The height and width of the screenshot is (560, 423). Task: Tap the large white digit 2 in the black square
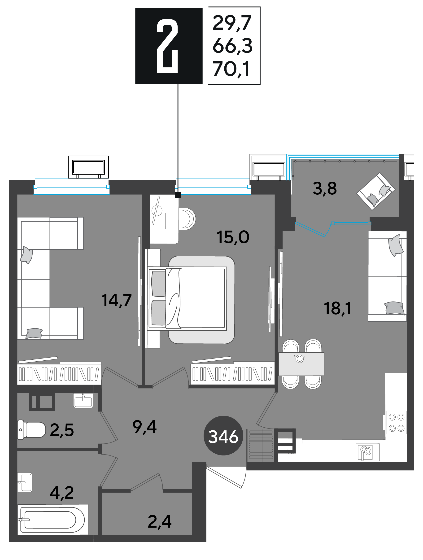[167, 46]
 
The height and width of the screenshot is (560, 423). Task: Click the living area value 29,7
[232, 23]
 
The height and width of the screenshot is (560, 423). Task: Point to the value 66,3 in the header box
[232, 46]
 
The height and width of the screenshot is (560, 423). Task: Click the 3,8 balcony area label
[325, 189]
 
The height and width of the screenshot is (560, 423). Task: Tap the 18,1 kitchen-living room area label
[337, 309]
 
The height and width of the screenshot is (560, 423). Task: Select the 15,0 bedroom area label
[233, 237]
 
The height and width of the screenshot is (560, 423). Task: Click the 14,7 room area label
[116, 301]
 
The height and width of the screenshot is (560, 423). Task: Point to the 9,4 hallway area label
[144, 427]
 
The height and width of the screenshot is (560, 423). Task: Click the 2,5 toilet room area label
[62, 430]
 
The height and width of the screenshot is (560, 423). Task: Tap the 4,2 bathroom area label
[62, 493]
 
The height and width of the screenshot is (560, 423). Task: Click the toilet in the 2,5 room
[31, 430]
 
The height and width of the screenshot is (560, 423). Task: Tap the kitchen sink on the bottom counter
[368, 452]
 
